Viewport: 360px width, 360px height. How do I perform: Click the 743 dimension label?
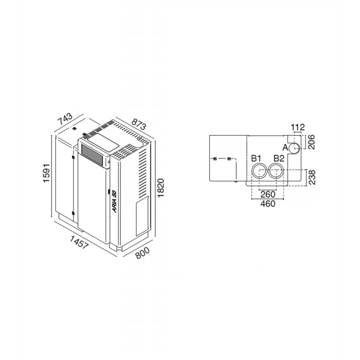(x=65, y=119)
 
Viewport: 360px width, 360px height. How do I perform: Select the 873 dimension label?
(x=139, y=124)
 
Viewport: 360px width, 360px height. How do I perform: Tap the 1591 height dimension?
(x=46, y=173)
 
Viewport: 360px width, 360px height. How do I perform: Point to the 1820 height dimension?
(x=161, y=188)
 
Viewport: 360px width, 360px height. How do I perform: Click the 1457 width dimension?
(x=79, y=242)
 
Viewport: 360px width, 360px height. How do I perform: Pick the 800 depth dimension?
(x=142, y=253)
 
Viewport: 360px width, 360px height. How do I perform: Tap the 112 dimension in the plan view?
(x=298, y=127)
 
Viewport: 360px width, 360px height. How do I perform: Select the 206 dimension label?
(x=311, y=142)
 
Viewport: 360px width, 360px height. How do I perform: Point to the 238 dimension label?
(x=312, y=177)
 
